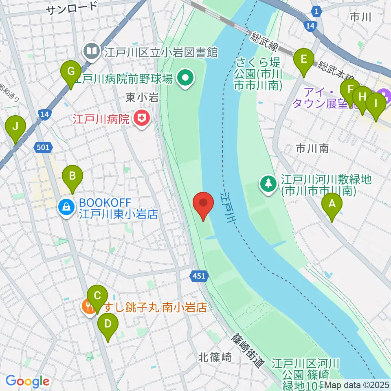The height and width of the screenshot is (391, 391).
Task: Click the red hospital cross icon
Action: (x=141, y=119)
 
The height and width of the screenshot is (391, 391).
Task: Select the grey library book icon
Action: (x=90, y=51)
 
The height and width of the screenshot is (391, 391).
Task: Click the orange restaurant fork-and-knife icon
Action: (x=88, y=306)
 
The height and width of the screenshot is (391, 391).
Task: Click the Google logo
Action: (x=27, y=381)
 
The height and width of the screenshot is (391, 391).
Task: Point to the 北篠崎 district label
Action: (x=215, y=358)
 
